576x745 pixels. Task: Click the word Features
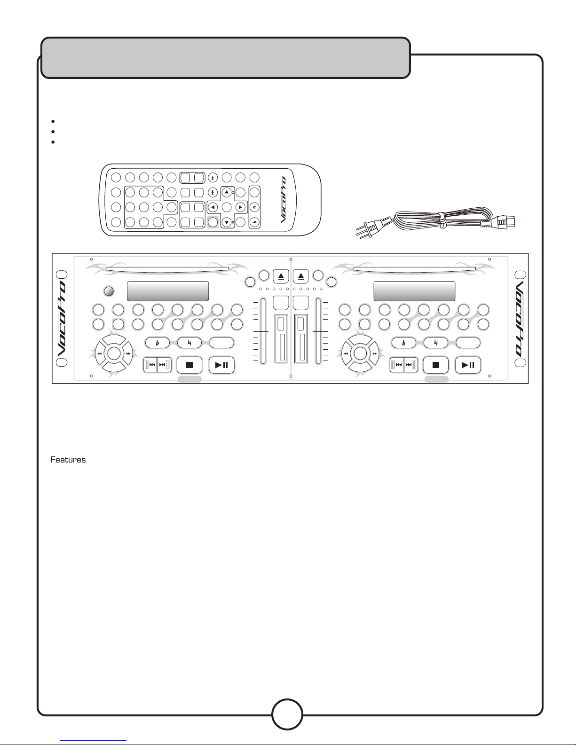pyautogui.click(x=68, y=460)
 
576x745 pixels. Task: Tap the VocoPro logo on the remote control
pyautogui.click(x=283, y=200)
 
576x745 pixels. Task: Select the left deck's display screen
pyautogui.click(x=168, y=291)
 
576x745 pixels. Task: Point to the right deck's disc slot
pyautogui.click(x=415, y=270)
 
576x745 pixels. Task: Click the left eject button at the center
pyautogui.click(x=281, y=276)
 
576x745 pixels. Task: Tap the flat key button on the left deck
pyautogui.click(x=158, y=343)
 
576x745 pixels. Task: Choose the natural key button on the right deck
pyautogui.click(x=436, y=343)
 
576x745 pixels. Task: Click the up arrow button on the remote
pyautogui.click(x=227, y=192)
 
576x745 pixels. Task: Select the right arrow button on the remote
pyautogui.click(x=241, y=207)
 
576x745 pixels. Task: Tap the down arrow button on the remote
pyautogui.click(x=227, y=222)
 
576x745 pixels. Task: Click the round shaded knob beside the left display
pyautogui.click(x=109, y=291)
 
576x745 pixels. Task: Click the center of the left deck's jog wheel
pyautogui.click(x=114, y=353)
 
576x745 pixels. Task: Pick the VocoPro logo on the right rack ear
pyautogui.click(x=520, y=319)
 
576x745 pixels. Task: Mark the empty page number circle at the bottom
pyautogui.click(x=287, y=714)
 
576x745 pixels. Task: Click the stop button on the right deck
pyautogui.click(x=436, y=365)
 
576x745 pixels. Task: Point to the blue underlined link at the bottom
pyautogui.click(x=93, y=741)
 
